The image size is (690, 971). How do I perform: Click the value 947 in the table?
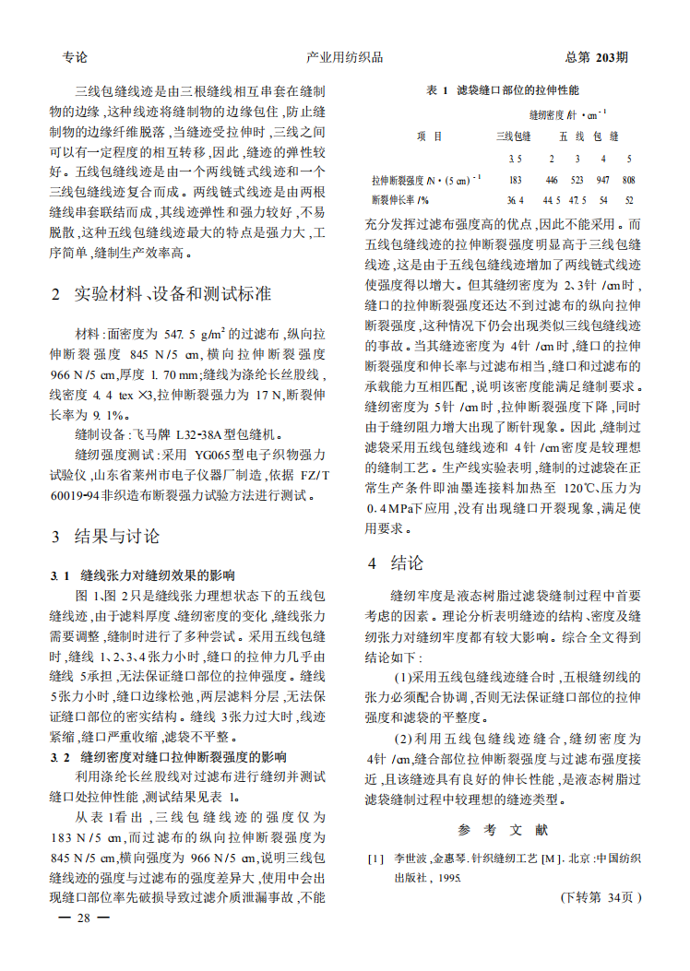coord(603,180)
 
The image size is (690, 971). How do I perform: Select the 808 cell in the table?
coord(629,180)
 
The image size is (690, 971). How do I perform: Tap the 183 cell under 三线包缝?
coord(515,180)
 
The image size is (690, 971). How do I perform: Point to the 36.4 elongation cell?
coord(515,199)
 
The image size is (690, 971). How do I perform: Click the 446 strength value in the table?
coord(552,180)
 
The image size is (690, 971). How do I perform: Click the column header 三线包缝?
coord(514,136)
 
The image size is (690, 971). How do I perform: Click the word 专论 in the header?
coord(75,57)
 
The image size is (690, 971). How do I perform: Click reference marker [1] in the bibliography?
coord(375,859)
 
